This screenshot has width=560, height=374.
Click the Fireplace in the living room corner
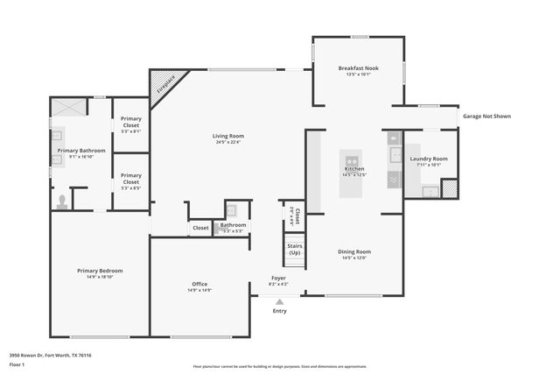(162, 85)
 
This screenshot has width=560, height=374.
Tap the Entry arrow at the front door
(279, 302)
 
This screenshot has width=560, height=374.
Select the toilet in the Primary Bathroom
(62, 201)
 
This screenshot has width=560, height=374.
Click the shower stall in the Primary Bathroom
(68, 108)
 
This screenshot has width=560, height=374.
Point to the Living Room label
(227, 136)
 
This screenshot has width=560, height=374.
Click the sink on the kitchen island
(353, 161)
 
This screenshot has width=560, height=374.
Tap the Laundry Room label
(429, 159)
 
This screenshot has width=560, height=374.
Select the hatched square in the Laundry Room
(449, 187)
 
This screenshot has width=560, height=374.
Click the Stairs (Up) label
(295, 249)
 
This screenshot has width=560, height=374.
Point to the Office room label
(199, 284)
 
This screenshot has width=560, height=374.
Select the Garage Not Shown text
(486, 116)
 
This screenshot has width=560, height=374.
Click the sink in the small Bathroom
(233, 211)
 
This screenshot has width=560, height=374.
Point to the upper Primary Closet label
(131, 121)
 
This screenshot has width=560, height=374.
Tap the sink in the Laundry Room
(429, 190)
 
